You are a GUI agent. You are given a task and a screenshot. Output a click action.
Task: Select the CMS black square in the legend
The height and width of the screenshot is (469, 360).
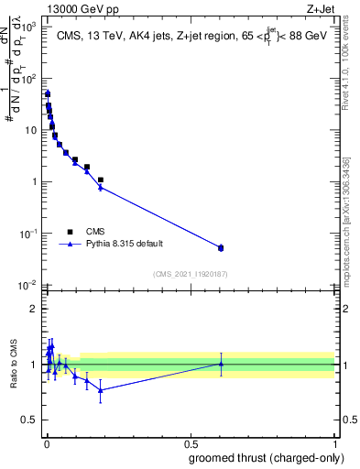pyautogui.click(x=69, y=231)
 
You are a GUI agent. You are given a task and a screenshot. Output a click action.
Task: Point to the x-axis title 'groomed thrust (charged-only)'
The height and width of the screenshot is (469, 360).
pyautogui.click(x=265, y=457)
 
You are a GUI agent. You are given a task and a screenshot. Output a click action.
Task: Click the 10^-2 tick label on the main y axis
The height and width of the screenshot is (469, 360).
pyautogui.click(x=27, y=285)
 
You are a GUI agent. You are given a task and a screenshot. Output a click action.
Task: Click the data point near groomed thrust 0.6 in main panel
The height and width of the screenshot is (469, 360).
pyautogui.click(x=221, y=247)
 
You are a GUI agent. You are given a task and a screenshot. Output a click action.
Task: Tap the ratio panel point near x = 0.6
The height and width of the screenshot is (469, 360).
pyautogui.click(x=221, y=364)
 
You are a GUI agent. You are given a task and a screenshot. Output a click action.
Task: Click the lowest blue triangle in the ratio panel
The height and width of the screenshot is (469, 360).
pyautogui.click(x=100, y=390)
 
